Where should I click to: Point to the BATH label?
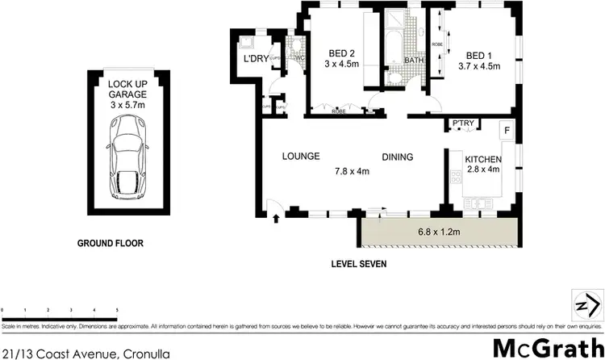tap(392, 61)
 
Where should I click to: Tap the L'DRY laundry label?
tap(245, 59)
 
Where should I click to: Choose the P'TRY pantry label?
tap(463, 123)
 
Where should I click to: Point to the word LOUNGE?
tap(301, 157)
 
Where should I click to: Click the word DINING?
tap(398, 157)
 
